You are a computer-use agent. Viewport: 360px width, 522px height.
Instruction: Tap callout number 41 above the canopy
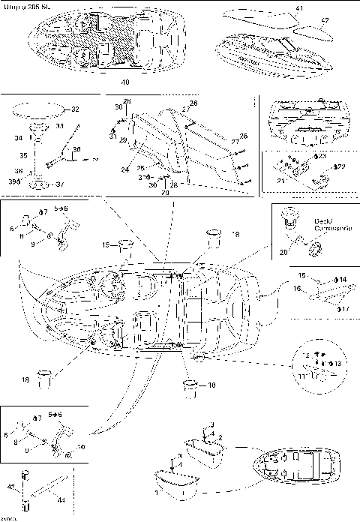click(299, 8)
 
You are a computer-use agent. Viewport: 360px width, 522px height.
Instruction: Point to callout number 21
click(280, 181)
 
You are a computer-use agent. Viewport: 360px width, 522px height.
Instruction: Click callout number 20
click(282, 253)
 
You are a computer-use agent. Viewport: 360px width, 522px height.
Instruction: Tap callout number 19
click(106, 245)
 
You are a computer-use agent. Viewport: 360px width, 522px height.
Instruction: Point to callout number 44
click(60, 500)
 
